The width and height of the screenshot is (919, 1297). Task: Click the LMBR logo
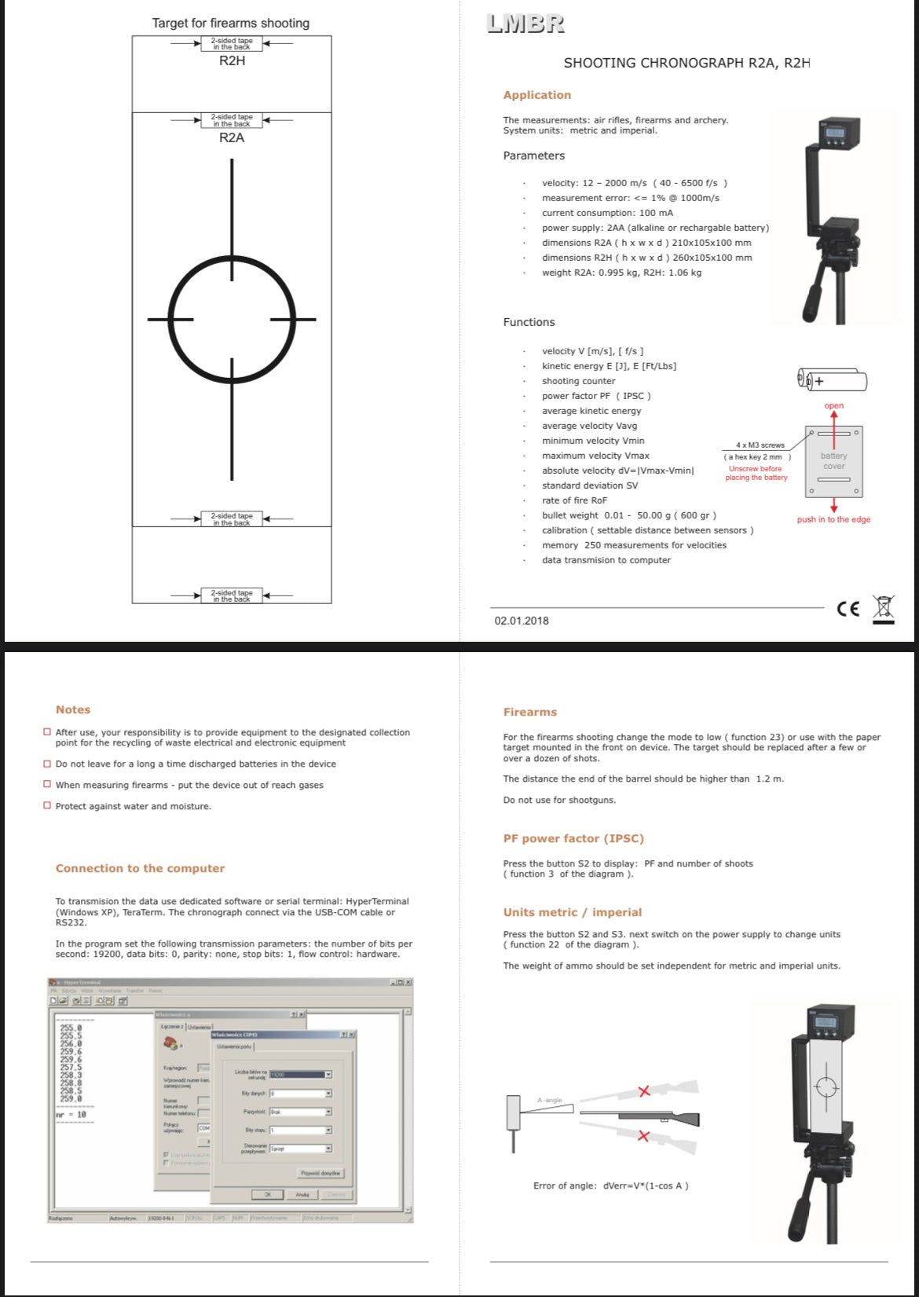[x=525, y=24]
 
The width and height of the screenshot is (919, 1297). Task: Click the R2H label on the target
[x=232, y=61]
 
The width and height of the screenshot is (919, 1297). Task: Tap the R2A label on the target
[x=232, y=137]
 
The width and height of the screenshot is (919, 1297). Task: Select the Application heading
[x=537, y=95]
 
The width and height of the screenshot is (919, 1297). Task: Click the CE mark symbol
[x=848, y=609]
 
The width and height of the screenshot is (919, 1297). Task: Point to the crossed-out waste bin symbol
[x=884, y=609]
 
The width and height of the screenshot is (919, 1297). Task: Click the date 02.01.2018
[x=522, y=621]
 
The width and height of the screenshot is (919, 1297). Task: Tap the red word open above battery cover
[x=834, y=406]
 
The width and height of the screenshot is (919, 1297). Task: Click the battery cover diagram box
[x=834, y=461]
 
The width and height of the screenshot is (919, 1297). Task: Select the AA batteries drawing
[x=833, y=381]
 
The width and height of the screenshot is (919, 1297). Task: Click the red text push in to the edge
[x=833, y=519]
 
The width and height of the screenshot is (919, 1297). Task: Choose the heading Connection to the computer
[x=140, y=868]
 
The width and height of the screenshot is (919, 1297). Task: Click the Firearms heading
[x=530, y=712]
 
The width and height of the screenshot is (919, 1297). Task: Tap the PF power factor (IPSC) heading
[x=573, y=838]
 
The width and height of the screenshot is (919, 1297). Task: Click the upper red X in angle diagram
[x=644, y=1091]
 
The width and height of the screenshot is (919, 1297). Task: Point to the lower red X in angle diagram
[x=644, y=1136]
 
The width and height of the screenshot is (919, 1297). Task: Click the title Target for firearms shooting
[x=231, y=23]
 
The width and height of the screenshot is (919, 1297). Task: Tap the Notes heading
[x=73, y=709]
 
